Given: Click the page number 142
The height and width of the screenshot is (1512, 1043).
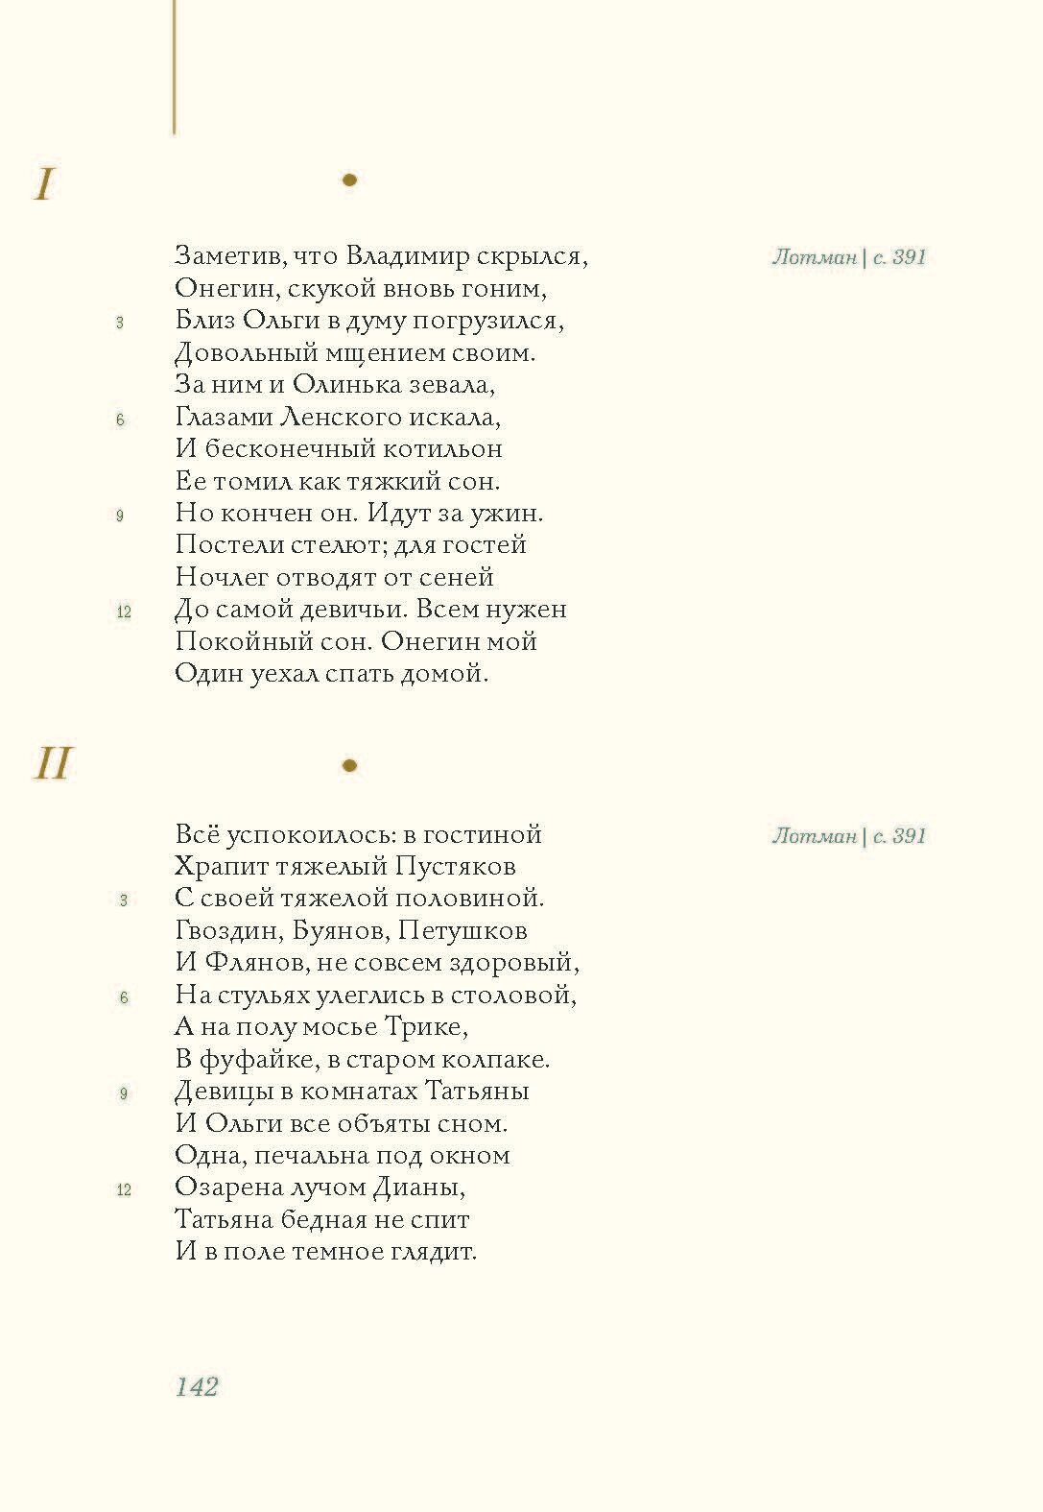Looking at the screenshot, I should pos(197,1386).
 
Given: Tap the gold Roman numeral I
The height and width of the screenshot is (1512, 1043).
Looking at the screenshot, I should pos(44,184).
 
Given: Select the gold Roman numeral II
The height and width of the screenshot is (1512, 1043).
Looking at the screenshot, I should pos(53,764).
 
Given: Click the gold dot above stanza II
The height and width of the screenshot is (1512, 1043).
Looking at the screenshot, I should pos(349,765).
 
